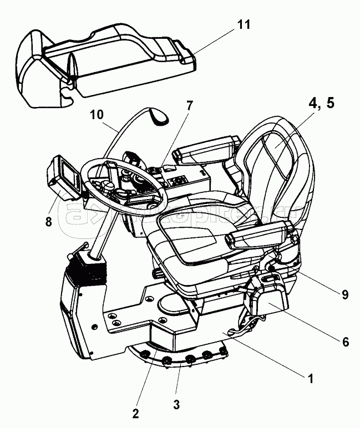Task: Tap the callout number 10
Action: point(96,115)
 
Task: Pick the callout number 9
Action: point(344,295)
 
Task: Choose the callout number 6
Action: point(344,342)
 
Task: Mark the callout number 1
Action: point(311,379)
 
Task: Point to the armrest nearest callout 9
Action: point(261,236)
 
